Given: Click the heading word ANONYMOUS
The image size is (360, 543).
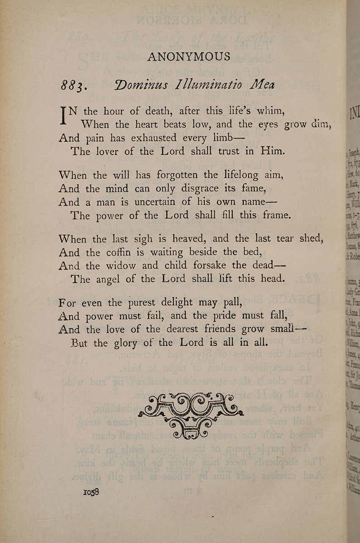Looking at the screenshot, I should coord(188,57).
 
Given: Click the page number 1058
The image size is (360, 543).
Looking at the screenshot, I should coord(91,492).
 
